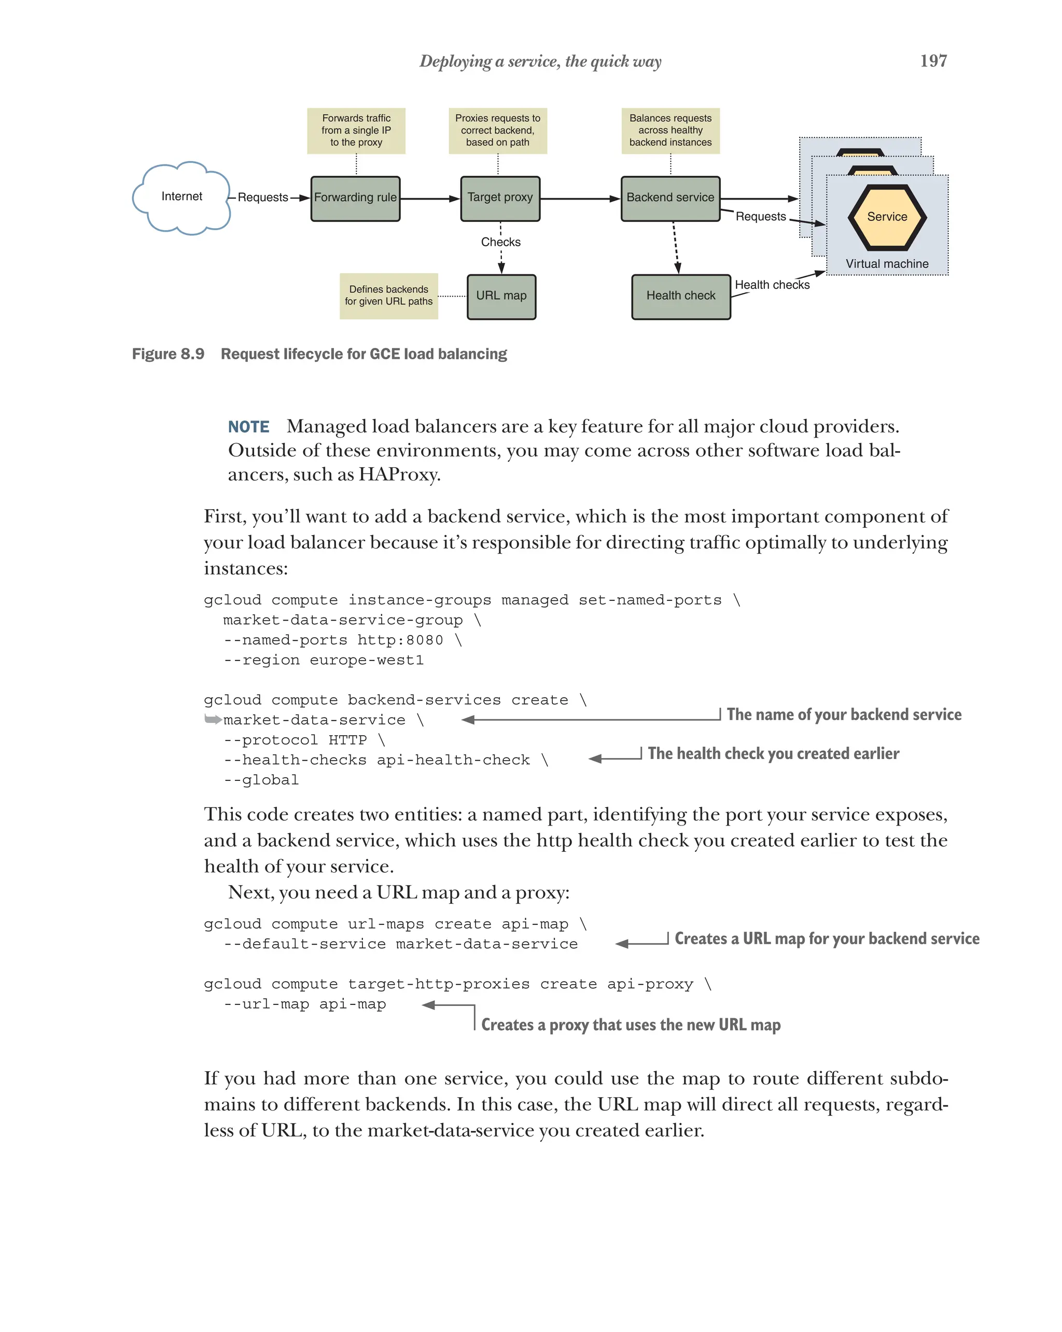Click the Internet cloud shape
click(180, 197)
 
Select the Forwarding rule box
click(355, 198)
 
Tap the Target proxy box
click(499, 198)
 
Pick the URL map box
click(500, 297)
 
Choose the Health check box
click(680, 297)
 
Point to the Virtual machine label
click(887, 264)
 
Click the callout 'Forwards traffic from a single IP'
click(356, 130)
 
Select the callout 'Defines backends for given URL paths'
click(388, 296)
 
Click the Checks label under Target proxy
click(500, 242)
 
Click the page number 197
click(933, 61)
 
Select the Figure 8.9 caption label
click(168, 354)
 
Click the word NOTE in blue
click(248, 427)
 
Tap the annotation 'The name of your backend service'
click(843, 715)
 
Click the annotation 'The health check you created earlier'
click(773, 754)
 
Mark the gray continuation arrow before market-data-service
click(213, 719)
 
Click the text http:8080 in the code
click(400, 640)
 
